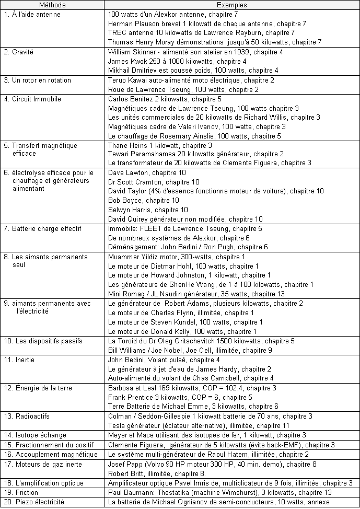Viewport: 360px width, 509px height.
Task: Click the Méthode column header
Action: tap(52, 4)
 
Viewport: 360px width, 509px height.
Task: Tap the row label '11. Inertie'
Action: tap(21, 360)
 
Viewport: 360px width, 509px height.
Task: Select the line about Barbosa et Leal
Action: tap(192, 388)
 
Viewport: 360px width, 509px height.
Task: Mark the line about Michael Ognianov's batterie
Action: tap(218, 502)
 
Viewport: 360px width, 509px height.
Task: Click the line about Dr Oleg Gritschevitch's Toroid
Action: tap(201, 341)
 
